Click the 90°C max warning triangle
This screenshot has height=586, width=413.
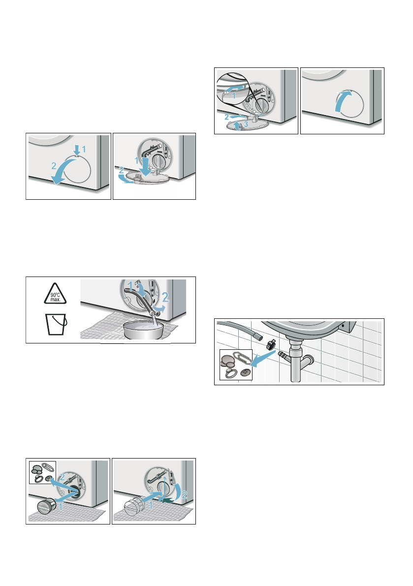(55, 294)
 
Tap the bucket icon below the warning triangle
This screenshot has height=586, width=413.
(56, 324)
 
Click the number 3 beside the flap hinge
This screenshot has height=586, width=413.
(246, 123)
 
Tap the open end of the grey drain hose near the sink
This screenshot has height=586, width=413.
(257, 337)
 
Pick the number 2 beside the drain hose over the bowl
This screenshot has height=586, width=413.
(165, 297)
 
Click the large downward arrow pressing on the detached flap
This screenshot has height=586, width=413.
(144, 166)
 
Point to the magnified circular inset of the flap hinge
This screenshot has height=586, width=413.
(232, 89)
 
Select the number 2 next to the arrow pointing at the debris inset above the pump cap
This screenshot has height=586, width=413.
(63, 477)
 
